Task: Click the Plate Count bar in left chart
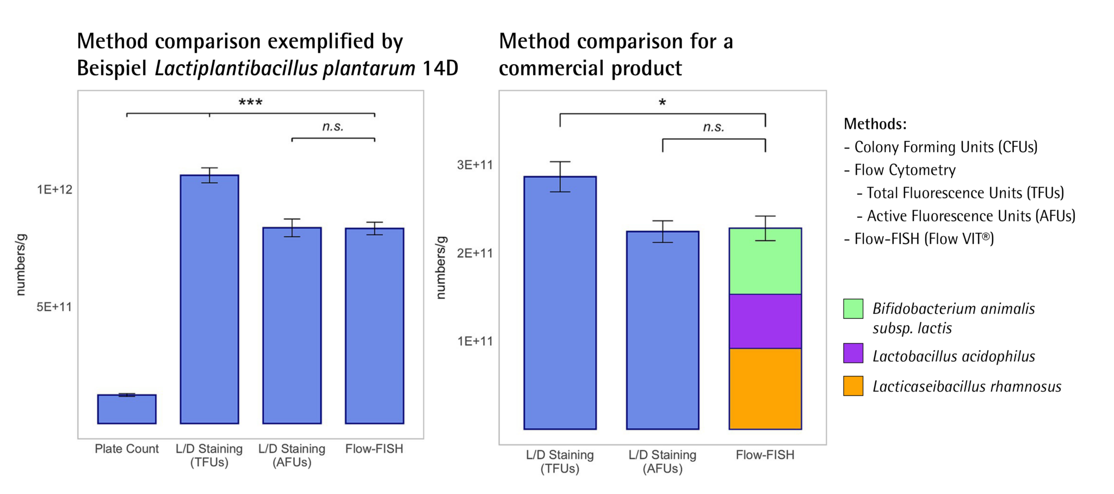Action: pyautogui.click(x=127, y=409)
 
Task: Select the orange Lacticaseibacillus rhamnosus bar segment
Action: pyautogui.click(x=765, y=388)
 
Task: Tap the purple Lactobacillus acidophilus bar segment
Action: pyautogui.click(x=765, y=321)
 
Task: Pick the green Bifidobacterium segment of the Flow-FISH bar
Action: pyautogui.click(x=765, y=261)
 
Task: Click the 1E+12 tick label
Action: pyautogui.click(x=54, y=189)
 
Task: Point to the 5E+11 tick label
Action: pyautogui.click(x=54, y=307)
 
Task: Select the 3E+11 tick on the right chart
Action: pyautogui.click(x=474, y=164)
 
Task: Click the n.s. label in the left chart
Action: pyautogui.click(x=332, y=127)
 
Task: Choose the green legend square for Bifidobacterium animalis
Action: pyautogui.click(x=853, y=308)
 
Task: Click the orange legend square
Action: pyautogui.click(x=853, y=386)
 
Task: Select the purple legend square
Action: pyautogui.click(x=853, y=353)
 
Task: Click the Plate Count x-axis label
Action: pyautogui.click(x=127, y=449)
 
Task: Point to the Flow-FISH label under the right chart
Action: pyautogui.click(x=765, y=455)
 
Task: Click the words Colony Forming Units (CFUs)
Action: pyautogui.click(x=945, y=147)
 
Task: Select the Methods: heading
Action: pyautogui.click(x=875, y=124)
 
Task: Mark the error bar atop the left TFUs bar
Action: pyautogui.click(x=209, y=175)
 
